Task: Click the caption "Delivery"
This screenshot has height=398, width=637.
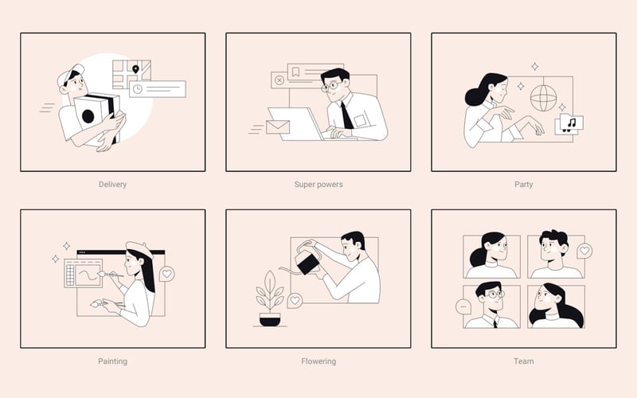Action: point(112,185)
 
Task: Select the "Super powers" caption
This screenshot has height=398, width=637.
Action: point(318,185)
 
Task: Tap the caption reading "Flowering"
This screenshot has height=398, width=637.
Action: point(318,361)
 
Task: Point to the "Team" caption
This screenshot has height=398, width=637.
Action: point(524,361)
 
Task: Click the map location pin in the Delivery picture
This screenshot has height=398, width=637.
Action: point(135,69)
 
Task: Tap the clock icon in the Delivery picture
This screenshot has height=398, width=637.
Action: point(138,89)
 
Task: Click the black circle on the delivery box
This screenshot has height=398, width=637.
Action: point(88,116)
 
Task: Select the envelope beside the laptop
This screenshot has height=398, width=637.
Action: point(278,127)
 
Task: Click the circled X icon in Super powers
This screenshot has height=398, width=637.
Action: point(279,80)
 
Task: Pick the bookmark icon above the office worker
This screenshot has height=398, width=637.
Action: point(295,72)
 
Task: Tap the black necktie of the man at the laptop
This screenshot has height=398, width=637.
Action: point(346,115)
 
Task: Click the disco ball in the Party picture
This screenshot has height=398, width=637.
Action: point(543,98)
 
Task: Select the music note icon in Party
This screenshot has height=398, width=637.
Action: point(572,123)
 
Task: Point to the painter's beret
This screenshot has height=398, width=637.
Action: point(139,249)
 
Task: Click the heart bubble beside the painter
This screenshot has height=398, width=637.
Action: point(167,274)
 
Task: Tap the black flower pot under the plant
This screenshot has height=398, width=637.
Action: point(270,319)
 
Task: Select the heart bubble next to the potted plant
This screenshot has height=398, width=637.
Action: point(295,301)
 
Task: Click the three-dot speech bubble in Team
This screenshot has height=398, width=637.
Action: point(463,306)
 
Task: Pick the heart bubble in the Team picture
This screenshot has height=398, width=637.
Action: point(584,251)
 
